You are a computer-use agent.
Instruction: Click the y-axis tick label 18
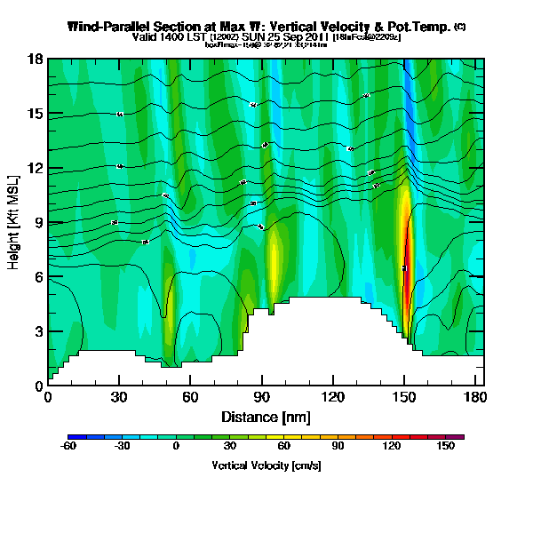click(x=36, y=60)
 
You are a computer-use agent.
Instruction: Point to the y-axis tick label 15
click(x=36, y=114)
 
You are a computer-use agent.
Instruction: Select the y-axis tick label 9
click(x=39, y=223)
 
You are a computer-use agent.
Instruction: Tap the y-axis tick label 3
click(x=39, y=331)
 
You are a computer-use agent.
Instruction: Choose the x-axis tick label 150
click(x=404, y=396)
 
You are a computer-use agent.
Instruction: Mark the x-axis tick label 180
click(x=475, y=396)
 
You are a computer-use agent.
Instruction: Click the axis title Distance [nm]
click(x=266, y=416)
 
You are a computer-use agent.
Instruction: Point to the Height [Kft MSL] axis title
click(x=15, y=223)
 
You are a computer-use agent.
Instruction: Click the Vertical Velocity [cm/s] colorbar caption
click(x=266, y=465)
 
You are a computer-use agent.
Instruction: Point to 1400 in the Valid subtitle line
click(x=176, y=37)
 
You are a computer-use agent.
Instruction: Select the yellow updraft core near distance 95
click(x=274, y=258)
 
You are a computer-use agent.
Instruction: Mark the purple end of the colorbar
click(x=460, y=436)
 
